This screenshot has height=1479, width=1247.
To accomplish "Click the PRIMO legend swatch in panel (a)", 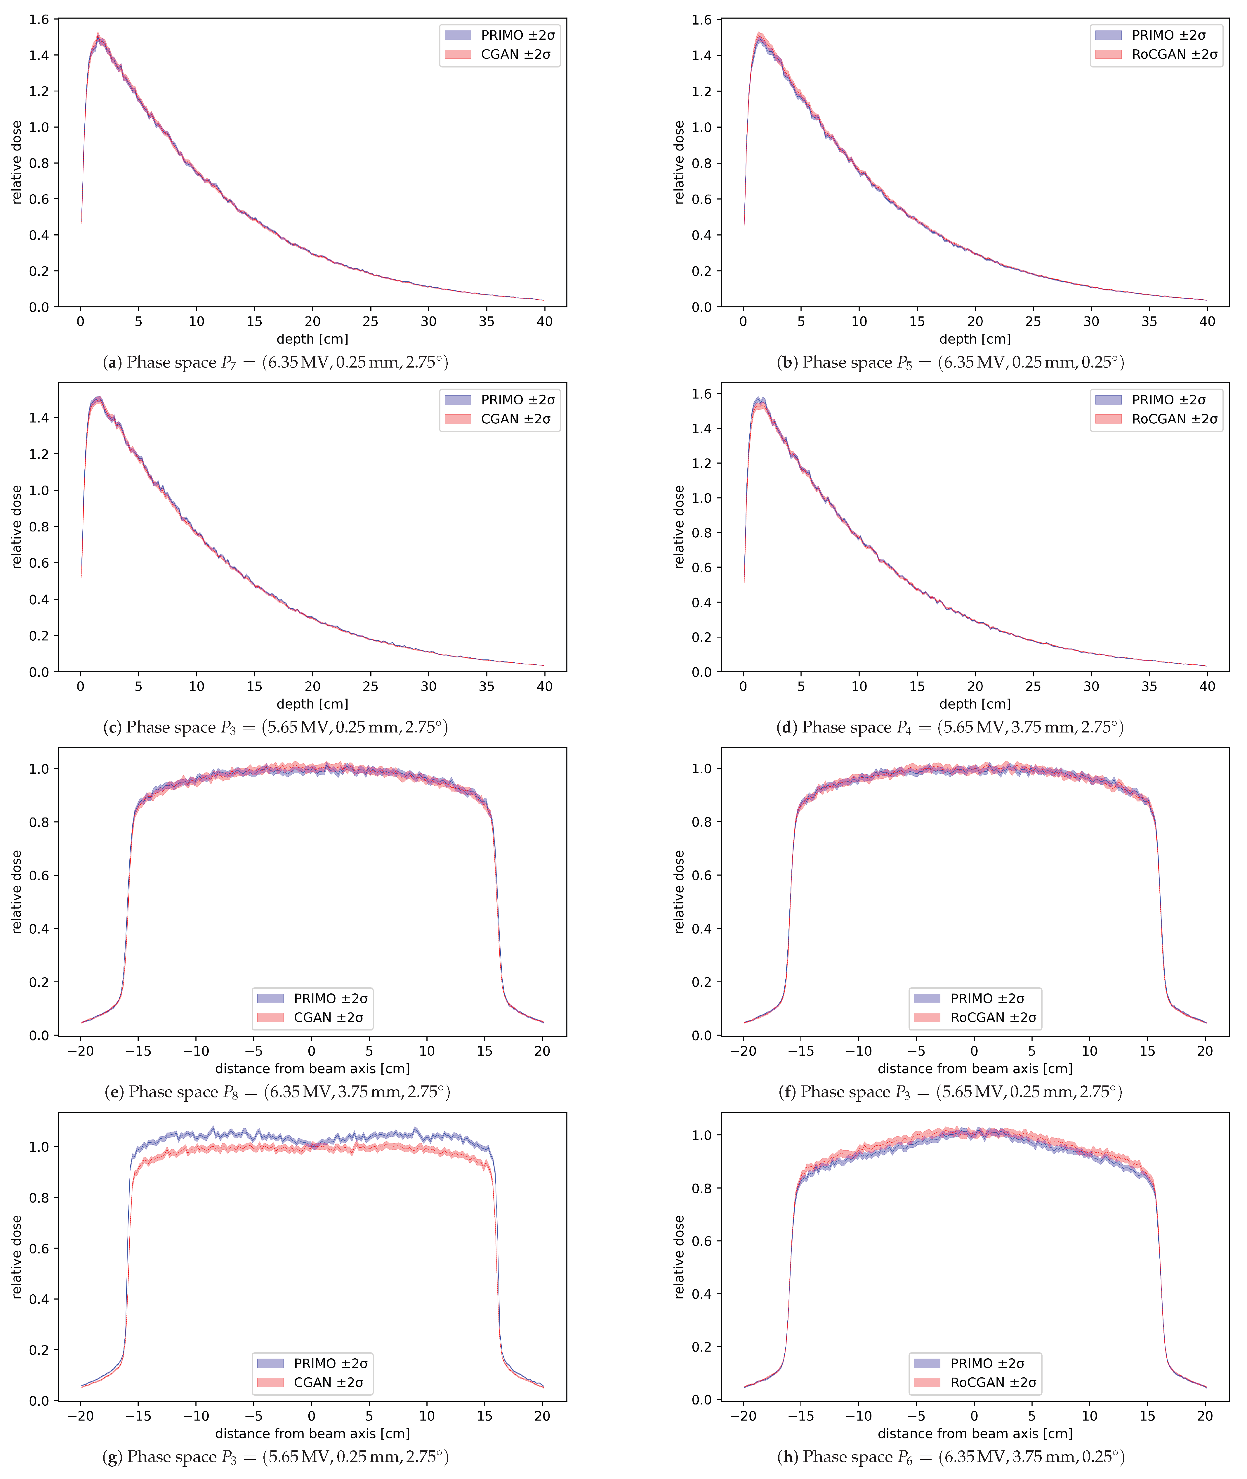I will pos(457,35).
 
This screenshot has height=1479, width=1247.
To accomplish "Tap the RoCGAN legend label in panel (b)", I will pos(1174,54).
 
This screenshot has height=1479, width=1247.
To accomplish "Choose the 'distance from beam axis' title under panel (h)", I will pos(975,1434).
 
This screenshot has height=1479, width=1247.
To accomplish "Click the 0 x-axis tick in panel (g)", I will pos(312,1416).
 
